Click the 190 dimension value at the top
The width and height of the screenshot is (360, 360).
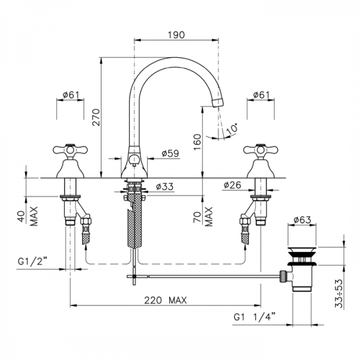[x=176, y=35]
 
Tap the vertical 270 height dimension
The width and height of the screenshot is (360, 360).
[x=97, y=118]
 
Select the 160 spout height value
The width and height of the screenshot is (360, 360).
[x=197, y=142]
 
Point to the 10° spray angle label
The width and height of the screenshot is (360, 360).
[x=232, y=129]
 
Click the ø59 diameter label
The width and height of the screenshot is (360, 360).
[x=170, y=154]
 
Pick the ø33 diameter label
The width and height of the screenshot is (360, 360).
[x=164, y=187]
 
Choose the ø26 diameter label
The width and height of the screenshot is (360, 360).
[x=232, y=185]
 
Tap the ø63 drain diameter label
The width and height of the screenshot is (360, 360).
[x=302, y=220]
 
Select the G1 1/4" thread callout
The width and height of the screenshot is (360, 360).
[x=254, y=317]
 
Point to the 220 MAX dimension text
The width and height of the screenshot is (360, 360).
[x=166, y=301]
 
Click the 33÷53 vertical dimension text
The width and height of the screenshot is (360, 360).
[x=339, y=293]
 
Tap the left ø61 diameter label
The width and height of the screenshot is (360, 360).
[x=71, y=95]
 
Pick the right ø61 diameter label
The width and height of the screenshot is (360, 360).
[x=261, y=95]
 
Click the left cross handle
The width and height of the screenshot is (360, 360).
[x=70, y=150]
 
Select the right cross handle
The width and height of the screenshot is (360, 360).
[x=260, y=150]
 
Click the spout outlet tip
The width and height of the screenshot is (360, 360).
[x=218, y=103]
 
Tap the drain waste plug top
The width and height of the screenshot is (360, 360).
[x=302, y=250]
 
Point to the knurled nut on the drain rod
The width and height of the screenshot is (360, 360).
[x=282, y=276]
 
